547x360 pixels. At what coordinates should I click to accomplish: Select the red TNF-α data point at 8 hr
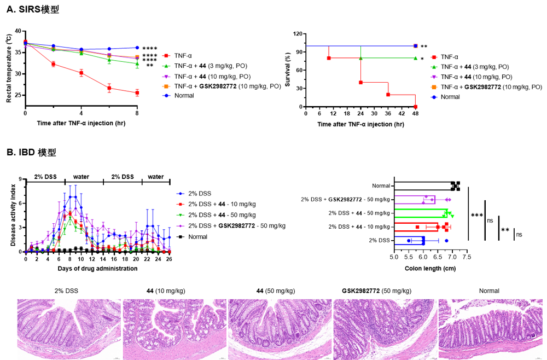click(137, 92)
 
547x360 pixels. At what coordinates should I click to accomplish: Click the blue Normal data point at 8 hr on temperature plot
click(137, 48)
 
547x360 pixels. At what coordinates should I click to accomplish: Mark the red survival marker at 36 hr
click(388, 95)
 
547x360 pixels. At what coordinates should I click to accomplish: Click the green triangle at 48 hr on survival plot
click(415, 58)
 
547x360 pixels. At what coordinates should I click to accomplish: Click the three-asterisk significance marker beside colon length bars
click(475, 216)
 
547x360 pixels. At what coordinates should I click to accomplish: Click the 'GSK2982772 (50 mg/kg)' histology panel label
click(376, 291)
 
